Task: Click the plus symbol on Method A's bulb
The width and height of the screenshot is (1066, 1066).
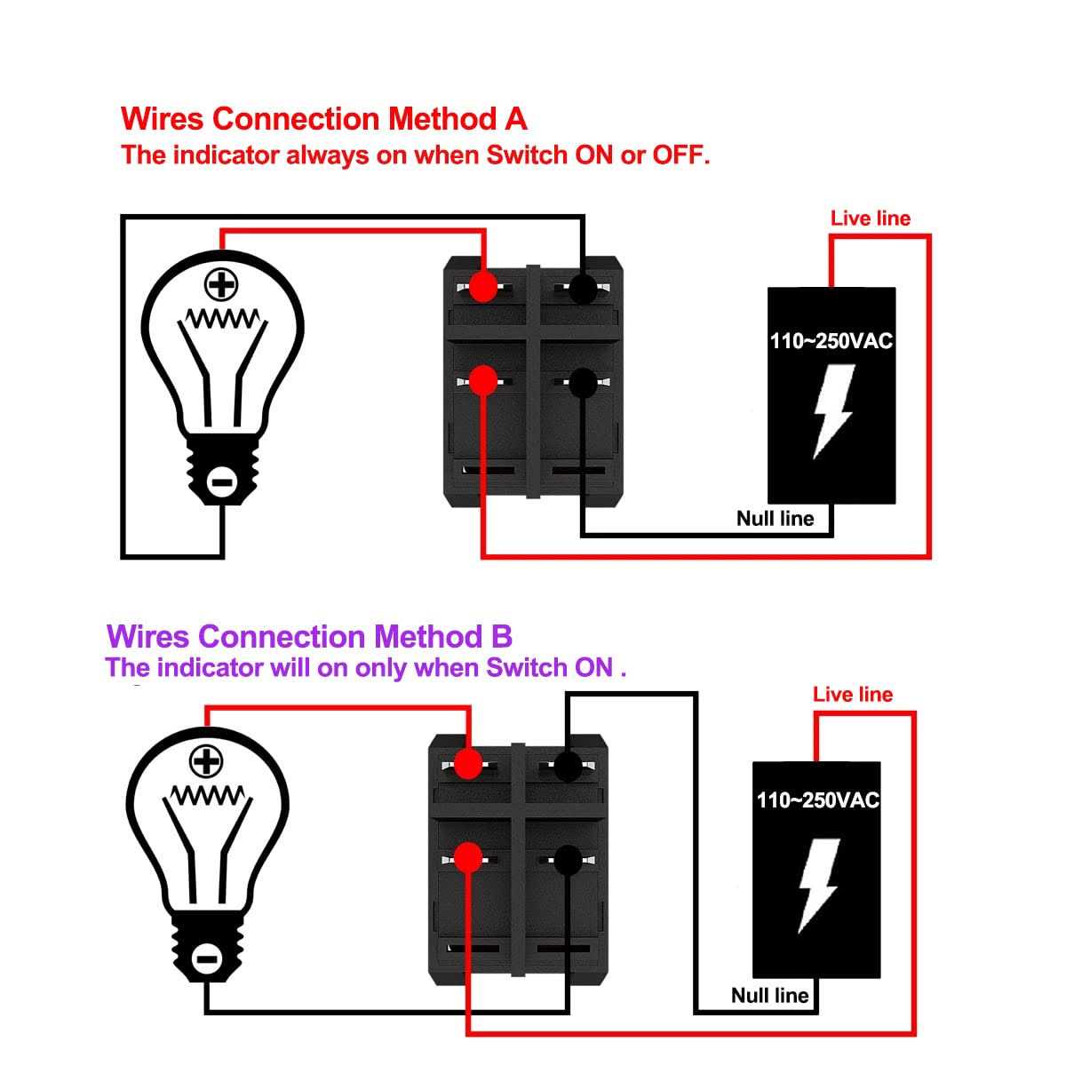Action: click(x=222, y=285)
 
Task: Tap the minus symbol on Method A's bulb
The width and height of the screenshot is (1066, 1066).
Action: click(x=222, y=482)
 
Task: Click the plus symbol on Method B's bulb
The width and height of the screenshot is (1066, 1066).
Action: click(x=206, y=761)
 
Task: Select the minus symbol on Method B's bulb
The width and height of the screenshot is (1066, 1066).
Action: click(x=206, y=959)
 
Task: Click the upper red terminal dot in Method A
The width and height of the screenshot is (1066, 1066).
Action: click(x=483, y=287)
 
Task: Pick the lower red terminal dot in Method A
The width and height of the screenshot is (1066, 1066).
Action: click(x=482, y=381)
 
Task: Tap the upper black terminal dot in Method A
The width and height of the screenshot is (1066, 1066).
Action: click(x=582, y=288)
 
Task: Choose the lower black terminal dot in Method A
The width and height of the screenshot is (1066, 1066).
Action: click(x=582, y=382)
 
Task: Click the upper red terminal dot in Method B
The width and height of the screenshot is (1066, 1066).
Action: click(x=467, y=762)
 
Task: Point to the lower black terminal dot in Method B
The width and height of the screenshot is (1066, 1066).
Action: click(x=568, y=857)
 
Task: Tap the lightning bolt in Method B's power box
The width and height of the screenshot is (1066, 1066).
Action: click(x=817, y=887)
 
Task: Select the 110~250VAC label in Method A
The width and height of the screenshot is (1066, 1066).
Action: click(x=831, y=340)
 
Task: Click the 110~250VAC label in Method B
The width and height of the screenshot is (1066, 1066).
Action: click(x=817, y=799)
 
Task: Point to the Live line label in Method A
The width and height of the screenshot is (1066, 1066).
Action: click(x=870, y=219)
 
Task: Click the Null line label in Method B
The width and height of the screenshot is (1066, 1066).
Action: click(x=769, y=995)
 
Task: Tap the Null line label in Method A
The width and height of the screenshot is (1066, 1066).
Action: click(x=775, y=518)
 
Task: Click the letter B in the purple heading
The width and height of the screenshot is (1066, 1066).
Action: click(x=500, y=636)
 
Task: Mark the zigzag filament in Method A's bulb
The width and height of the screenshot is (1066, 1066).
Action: click(x=222, y=318)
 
